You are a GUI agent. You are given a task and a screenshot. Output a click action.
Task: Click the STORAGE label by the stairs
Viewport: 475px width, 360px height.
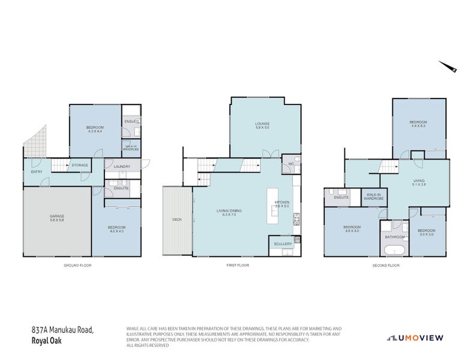click(80, 165)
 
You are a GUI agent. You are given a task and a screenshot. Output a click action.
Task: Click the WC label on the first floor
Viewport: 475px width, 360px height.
click(291, 163)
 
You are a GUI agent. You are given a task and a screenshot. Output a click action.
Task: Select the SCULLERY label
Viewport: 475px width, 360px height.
click(282, 244)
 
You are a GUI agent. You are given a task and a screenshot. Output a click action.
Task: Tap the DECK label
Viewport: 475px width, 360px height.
click(177, 220)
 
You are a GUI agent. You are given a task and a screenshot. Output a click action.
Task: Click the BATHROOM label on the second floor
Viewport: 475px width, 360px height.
click(395, 236)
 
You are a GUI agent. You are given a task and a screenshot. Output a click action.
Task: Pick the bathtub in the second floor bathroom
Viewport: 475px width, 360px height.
click(395, 251)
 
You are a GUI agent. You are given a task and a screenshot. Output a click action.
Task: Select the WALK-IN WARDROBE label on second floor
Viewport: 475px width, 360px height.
click(373, 197)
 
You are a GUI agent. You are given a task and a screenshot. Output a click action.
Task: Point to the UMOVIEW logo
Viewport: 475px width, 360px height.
click(415, 338)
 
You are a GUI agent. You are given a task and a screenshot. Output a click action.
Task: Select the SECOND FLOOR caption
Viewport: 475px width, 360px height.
click(386, 265)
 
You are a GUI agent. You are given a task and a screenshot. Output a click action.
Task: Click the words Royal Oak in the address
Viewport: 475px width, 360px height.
click(46, 341)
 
